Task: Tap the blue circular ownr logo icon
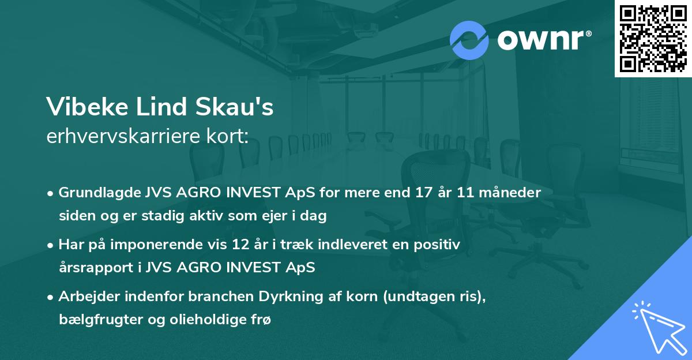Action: pos(469,40)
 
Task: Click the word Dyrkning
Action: pos(279,297)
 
